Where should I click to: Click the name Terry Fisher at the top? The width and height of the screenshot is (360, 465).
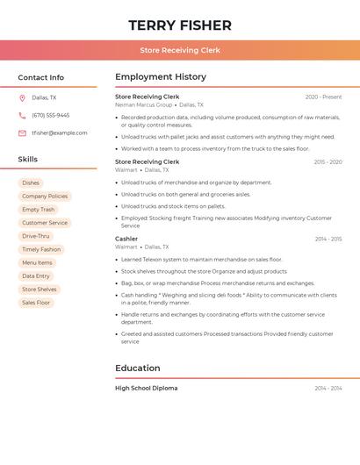[x=180, y=25]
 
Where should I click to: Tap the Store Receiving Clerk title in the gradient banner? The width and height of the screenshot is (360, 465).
[x=180, y=50]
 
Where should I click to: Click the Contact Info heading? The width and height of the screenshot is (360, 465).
[x=41, y=77]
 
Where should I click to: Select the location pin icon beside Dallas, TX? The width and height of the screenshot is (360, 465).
[x=22, y=97]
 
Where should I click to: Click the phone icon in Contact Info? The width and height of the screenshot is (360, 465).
[x=22, y=115]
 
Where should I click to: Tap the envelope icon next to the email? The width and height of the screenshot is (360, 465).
[x=22, y=133]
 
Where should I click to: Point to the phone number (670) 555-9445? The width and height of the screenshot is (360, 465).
[x=51, y=115]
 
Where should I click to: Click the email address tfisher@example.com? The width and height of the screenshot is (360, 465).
[x=60, y=133]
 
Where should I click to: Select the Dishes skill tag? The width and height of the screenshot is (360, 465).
[x=31, y=183]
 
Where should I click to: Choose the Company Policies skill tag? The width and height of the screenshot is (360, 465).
[x=45, y=197]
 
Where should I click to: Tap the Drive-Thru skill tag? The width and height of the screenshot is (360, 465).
[x=36, y=236]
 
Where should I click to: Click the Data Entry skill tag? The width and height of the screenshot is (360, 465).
[x=36, y=276]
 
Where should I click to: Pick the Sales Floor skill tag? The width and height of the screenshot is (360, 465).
[x=36, y=303]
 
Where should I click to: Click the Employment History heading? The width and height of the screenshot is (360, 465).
[x=161, y=77]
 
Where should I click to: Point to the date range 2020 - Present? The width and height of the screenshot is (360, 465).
[x=323, y=97]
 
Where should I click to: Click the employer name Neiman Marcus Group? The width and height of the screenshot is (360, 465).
[x=144, y=104]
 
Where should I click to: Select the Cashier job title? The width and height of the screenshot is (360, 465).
[x=126, y=239]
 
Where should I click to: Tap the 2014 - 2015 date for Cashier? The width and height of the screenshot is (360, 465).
[x=328, y=239]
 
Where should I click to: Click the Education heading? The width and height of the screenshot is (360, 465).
[x=138, y=368]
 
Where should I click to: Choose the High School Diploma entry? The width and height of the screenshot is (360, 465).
[x=147, y=388]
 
